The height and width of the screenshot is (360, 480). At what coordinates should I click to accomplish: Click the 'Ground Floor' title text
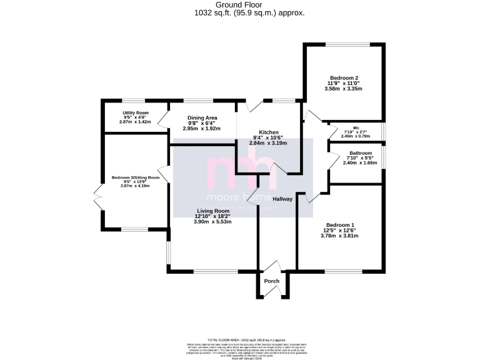241,4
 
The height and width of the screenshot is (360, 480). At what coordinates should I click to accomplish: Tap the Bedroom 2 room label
343,78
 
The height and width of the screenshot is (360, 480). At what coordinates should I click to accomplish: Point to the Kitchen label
269,132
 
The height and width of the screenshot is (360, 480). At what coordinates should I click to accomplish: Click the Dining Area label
202,117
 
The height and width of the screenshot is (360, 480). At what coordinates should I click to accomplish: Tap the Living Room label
212,211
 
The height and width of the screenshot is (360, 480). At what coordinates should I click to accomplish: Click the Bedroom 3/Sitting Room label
136,177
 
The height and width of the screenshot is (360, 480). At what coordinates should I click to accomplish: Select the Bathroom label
361,153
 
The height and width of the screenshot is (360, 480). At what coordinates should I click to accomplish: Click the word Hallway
282,199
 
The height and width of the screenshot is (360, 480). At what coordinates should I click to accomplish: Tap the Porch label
272,281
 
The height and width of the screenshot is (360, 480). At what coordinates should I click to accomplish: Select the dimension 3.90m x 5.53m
212,222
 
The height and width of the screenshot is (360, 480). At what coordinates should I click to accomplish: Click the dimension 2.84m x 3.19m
269,143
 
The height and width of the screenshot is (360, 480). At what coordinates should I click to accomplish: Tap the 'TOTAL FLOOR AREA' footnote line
240,337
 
